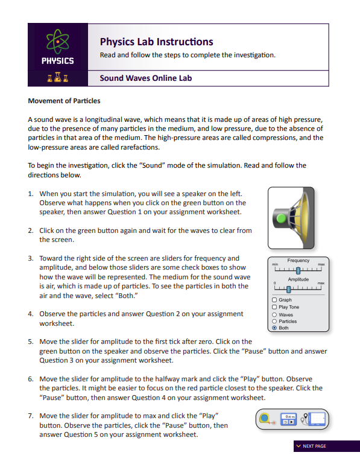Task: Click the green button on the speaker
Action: [281, 217]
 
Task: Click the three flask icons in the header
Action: [57, 78]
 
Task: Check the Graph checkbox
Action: [275, 300]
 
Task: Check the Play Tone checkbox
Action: [275, 307]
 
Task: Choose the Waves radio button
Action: [275, 314]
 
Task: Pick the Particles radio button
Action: [275, 322]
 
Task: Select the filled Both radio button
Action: [275, 328]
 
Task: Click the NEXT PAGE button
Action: [311, 446]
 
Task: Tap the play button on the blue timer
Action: [292, 422]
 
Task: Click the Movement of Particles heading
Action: [64, 101]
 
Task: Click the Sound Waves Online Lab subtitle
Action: [145, 78]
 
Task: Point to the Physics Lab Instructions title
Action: [156, 42]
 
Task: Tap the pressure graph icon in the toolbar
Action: [317, 419]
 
